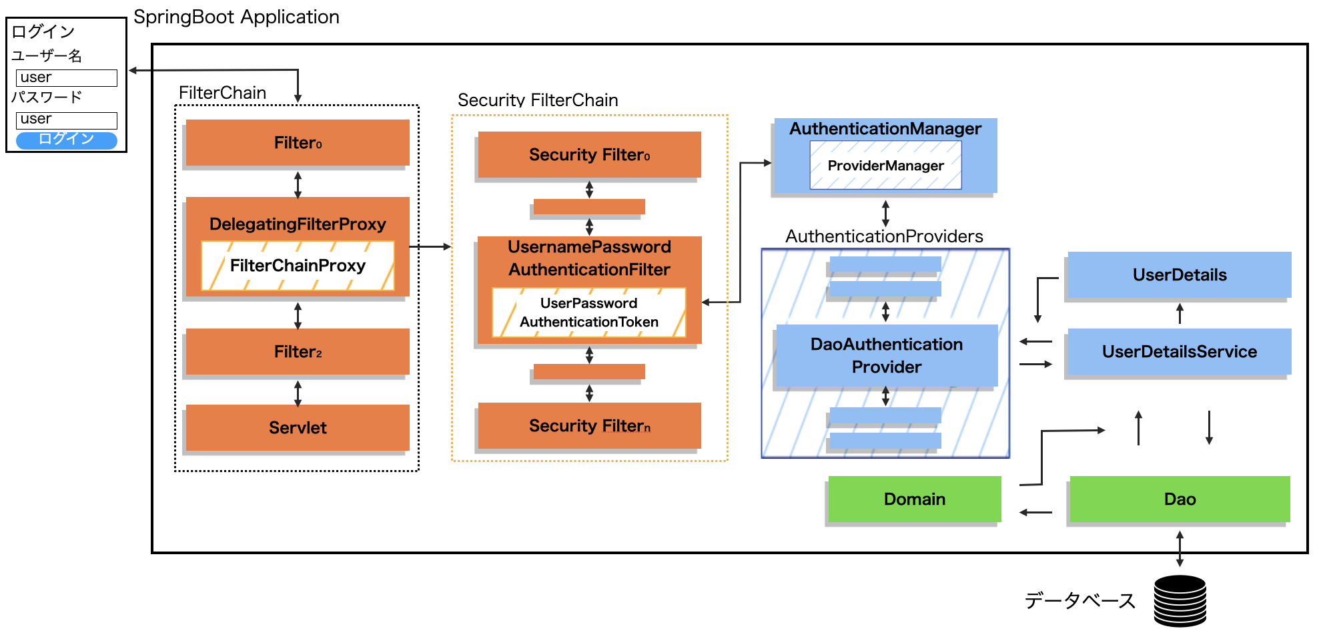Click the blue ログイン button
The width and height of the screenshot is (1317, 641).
pyautogui.click(x=66, y=140)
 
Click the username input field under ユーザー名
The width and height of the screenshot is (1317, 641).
pyautogui.click(x=66, y=78)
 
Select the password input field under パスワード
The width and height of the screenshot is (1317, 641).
pyautogui.click(x=66, y=120)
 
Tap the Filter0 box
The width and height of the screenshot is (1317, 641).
pyautogui.click(x=298, y=142)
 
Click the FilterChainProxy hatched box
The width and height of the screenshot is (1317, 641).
pyautogui.click(x=298, y=266)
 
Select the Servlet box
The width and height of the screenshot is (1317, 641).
pyautogui.click(x=298, y=427)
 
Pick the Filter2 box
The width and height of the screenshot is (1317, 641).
pyautogui.click(x=298, y=351)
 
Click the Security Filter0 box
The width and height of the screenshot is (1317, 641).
pyautogui.click(x=589, y=155)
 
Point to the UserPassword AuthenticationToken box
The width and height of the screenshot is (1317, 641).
pyautogui.click(x=589, y=312)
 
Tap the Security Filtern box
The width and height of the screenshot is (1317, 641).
pyautogui.click(x=589, y=425)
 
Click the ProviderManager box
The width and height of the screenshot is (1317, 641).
pyautogui.click(x=885, y=166)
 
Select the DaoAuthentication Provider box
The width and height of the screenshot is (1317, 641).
pyautogui.click(x=886, y=355)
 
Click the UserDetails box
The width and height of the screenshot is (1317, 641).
pyautogui.click(x=1179, y=274)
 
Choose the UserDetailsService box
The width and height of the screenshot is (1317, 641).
pyautogui.click(x=1179, y=351)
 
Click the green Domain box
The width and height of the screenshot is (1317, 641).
pyautogui.click(x=914, y=499)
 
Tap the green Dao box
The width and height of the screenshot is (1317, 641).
pyautogui.click(x=1179, y=499)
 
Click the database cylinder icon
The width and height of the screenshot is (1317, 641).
pyautogui.click(x=1180, y=601)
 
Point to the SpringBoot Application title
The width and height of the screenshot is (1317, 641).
pyautogui.click(x=236, y=17)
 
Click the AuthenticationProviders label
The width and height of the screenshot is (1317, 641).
pyautogui.click(x=884, y=236)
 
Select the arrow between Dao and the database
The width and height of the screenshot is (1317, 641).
pyautogui.click(x=1180, y=549)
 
